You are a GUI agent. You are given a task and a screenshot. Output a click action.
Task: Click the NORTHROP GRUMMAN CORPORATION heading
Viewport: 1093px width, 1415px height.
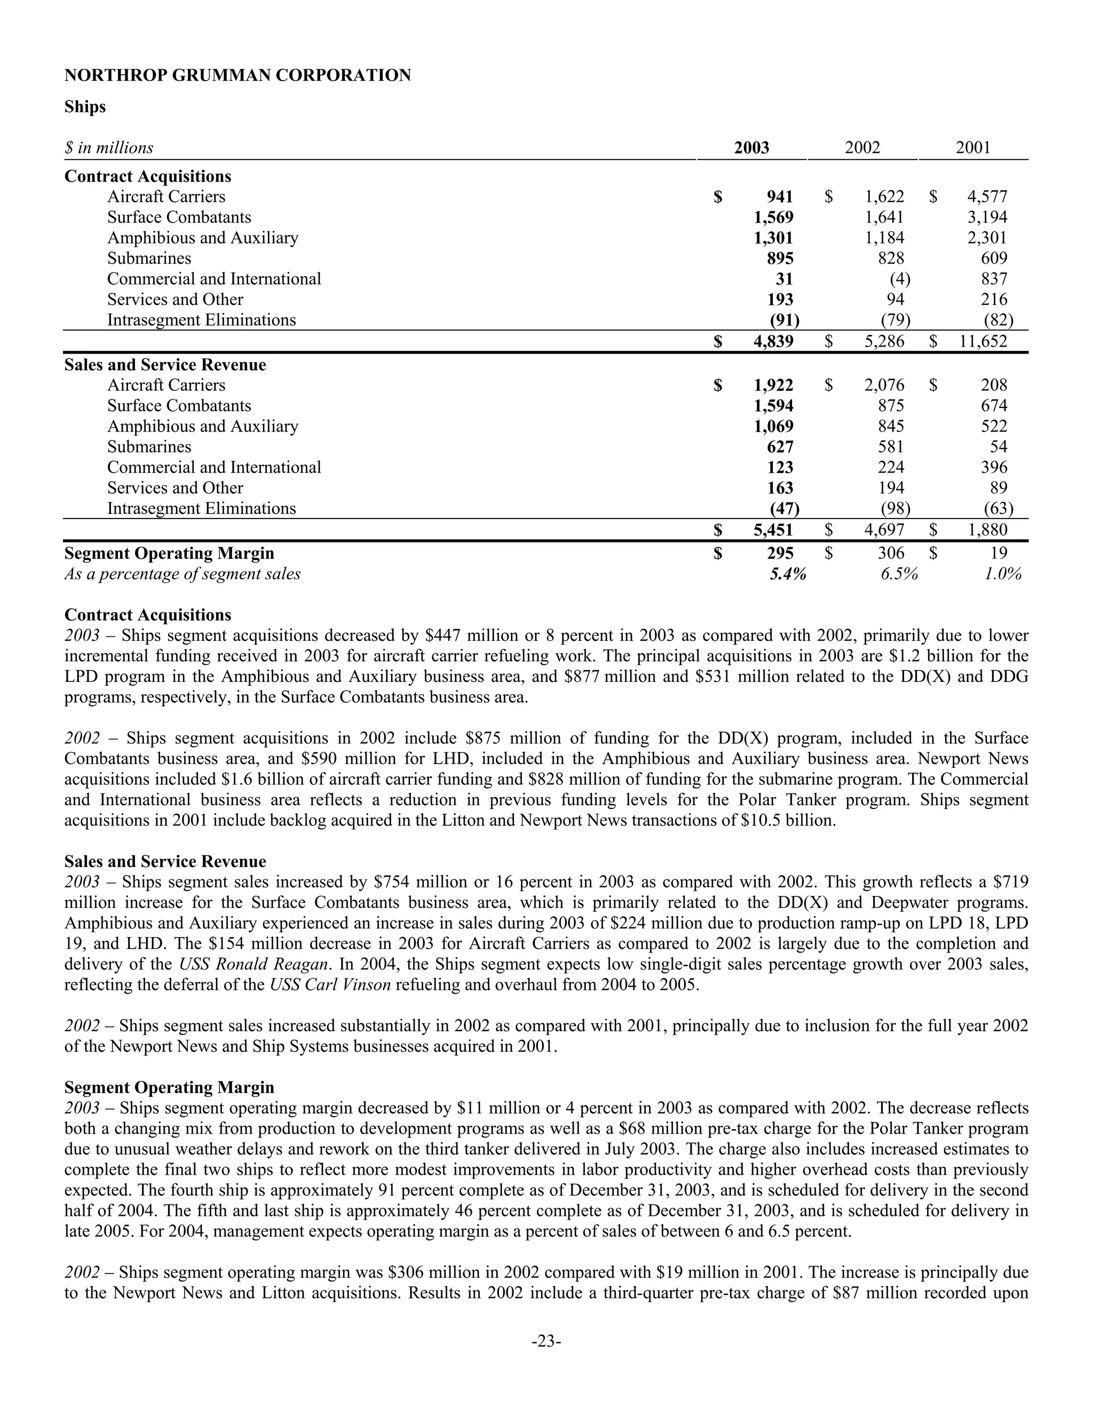tap(237, 76)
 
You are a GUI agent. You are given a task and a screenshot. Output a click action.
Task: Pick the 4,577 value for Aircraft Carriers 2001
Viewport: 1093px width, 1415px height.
tap(987, 197)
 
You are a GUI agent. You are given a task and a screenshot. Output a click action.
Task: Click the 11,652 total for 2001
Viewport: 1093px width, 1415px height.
tap(983, 341)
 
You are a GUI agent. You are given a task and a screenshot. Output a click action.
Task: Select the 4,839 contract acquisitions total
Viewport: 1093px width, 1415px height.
tap(773, 341)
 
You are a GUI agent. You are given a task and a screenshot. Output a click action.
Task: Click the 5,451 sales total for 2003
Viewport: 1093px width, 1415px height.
tap(773, 530)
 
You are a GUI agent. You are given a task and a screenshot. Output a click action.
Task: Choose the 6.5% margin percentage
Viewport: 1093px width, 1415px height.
tap(899, 574)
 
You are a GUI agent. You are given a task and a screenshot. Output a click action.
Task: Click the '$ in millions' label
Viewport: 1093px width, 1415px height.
tap(109, 148)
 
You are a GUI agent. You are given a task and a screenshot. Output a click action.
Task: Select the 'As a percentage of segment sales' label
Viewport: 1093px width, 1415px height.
tap(182, 574)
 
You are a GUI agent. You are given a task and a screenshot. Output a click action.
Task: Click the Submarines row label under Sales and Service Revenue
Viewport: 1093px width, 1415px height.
tap(149, 447)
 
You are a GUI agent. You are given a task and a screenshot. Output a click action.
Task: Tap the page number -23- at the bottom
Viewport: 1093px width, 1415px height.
tap(546, 1341)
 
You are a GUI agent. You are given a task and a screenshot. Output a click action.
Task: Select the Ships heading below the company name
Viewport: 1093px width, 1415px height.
tap(85, 107)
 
